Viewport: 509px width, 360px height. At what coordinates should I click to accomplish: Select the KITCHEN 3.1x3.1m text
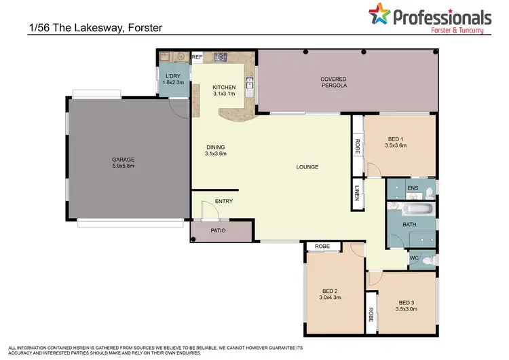[224, 90]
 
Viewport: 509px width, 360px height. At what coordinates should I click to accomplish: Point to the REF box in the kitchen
[197, 57]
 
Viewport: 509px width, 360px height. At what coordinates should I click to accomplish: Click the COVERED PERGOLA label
[333, 83]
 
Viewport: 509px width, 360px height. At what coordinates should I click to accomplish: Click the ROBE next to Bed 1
[358, 147]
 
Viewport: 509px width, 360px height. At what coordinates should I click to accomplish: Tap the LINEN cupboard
[358, 191]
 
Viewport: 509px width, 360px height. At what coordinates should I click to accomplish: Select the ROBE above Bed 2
[322, 247]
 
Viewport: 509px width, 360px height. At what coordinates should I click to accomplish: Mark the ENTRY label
[223, 201]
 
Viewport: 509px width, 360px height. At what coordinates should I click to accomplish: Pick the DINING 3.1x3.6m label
[215, 150]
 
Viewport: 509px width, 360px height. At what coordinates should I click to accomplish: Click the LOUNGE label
[307, 167]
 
